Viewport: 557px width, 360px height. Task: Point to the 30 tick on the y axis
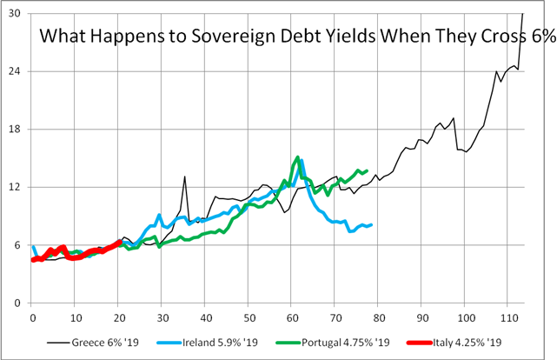pos(17,13)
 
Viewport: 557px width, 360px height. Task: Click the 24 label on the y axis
pos(17,71)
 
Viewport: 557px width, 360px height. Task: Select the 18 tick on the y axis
pos(17,130)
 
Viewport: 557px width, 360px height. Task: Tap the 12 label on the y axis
pos(17,187)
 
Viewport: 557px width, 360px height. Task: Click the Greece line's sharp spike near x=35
pos(184,177)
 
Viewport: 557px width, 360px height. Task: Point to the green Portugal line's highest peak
pos(298,157)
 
